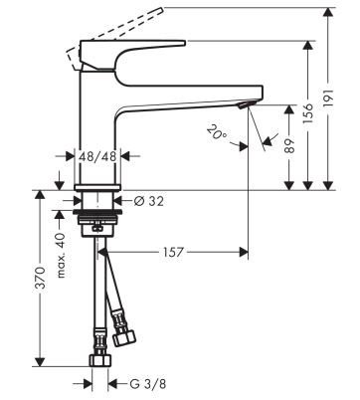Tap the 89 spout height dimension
click(290, 144)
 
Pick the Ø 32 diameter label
click(147, 201)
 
